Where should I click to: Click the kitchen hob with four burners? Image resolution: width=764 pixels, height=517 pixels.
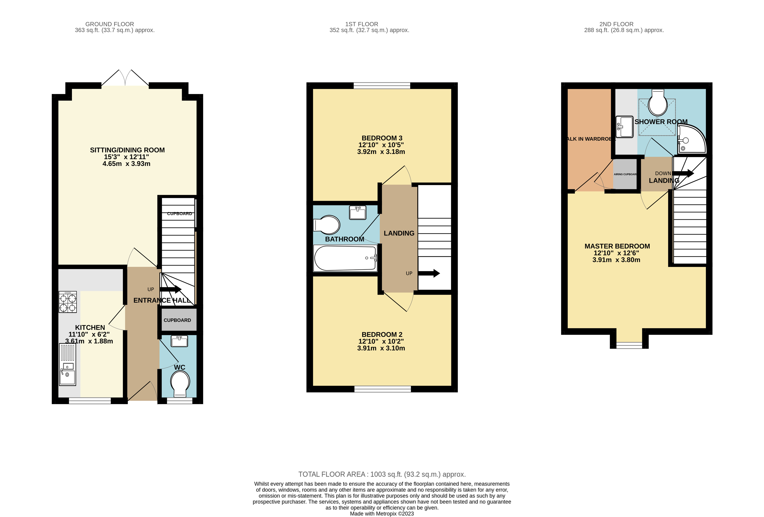click(x=68, y=302)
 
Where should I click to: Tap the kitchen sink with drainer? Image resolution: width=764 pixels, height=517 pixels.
click(x=67, y=364)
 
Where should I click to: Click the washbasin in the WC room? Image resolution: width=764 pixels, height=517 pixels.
click(x=179, y=341)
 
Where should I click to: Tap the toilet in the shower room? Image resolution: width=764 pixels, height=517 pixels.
click(x=657, y=103)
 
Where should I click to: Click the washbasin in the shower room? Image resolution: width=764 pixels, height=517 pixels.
click(x=624, y=126)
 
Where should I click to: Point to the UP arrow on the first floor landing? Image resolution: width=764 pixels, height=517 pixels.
click(x=429, y=273)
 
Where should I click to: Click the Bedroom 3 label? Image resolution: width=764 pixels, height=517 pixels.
click(x=382, y=138)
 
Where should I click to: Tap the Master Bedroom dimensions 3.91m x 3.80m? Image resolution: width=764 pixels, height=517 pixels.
click(x=616, y=260)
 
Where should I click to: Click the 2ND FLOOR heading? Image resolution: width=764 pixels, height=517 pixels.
click(x=616, y=24)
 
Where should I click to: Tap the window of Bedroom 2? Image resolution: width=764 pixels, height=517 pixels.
click(x=382, y=389)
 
